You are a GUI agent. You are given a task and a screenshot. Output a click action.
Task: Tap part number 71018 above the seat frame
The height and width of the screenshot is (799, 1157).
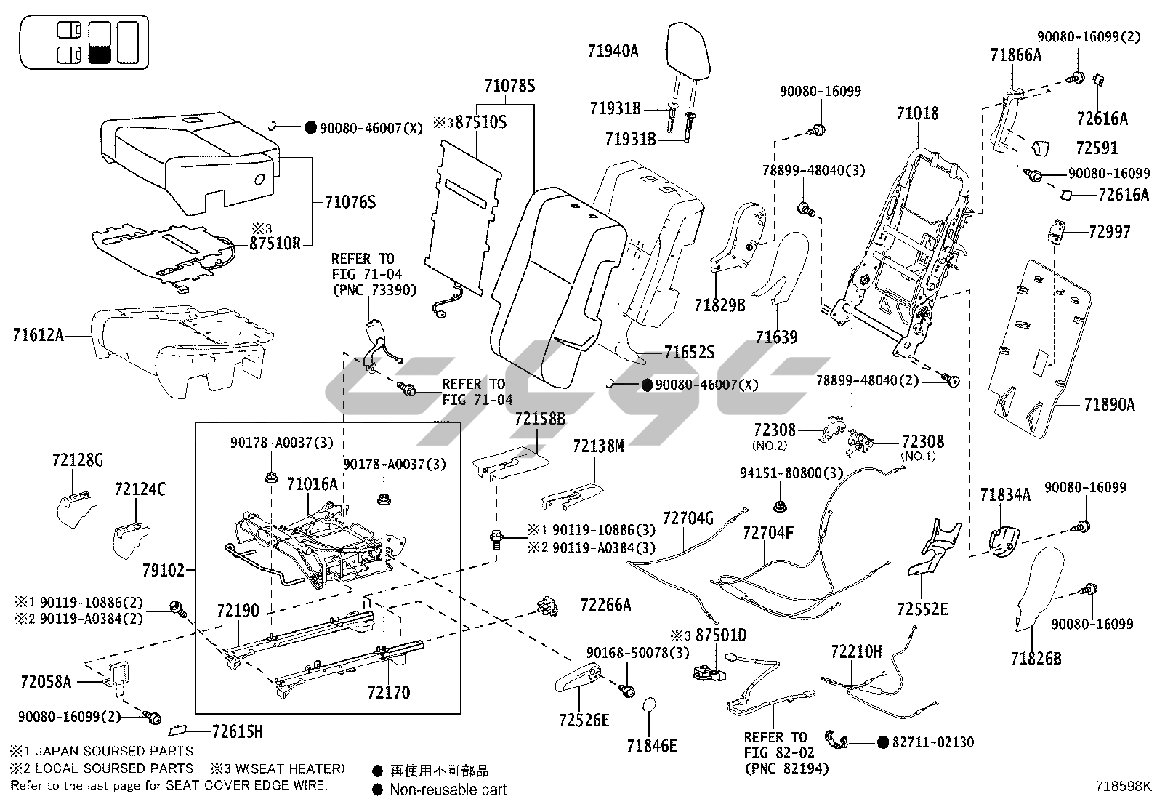[x=917, y=113]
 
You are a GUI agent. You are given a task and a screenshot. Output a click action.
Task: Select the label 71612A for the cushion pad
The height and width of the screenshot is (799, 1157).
[x=38, y=335]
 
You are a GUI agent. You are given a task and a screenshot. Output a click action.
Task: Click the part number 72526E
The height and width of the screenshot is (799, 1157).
[x=584, y=720]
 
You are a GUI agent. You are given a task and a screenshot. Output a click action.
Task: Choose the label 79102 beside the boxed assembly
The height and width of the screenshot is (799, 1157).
[x=164, y=570]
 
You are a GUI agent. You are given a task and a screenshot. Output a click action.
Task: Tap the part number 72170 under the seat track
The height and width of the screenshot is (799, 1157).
[x=388, y=692]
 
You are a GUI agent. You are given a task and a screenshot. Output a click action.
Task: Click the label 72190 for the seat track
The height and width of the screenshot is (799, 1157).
[x=237, y=611]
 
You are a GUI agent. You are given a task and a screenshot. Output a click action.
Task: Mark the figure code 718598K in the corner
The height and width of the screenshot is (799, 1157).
[x=1124, y=785]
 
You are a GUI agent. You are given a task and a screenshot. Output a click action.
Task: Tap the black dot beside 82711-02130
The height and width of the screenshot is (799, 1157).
[x=883, y=742]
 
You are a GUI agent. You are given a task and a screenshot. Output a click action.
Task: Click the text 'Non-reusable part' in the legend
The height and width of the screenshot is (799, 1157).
[x=448, y=790]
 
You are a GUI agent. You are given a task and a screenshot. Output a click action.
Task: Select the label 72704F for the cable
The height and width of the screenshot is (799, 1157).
[x=768, y=533]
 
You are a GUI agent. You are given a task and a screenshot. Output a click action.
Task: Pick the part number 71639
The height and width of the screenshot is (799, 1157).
[x=776, y=337]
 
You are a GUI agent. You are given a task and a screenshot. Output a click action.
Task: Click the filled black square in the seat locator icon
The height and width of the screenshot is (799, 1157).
[x=100, y=55]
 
